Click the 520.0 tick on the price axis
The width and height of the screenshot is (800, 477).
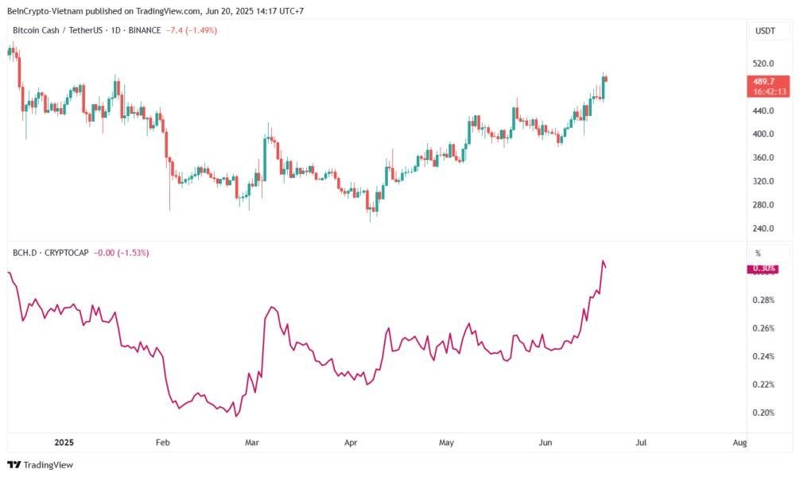[x=764, y=63]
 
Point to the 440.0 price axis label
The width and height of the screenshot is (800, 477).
[x=764, y=111]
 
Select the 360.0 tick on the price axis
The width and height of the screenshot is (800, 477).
[x=764, y=157]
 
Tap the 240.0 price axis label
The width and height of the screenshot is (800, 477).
[x=764, y=229]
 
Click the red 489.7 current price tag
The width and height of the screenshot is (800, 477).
[x=767, y=86]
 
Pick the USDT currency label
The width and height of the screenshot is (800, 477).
[x=764, y=31]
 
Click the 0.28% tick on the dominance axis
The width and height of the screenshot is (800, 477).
[x=763, y=300]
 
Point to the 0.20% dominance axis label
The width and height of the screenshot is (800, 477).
[x=763, y=413]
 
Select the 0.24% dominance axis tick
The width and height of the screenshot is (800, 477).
[x=763, y=356]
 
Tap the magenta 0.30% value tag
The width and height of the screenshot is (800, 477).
[x=763, y=269]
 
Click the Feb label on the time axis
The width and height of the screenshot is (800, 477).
[x=162, y=441]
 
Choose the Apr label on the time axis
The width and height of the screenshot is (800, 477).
[x=349, y=441]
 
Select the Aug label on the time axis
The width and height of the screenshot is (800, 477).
[x=740, y=441]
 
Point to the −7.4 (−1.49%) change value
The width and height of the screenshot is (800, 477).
[x=191, y=30]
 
